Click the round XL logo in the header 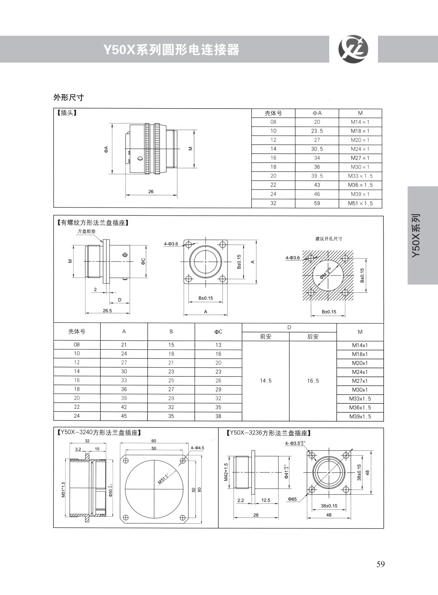pos(353,49)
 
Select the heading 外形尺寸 pos(69,98)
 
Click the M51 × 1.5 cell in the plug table pos(360,204)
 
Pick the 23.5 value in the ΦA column pos(317,131)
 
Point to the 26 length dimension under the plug pos(151,192)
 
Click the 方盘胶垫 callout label pos(87,231)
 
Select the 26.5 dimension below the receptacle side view pos(107,310)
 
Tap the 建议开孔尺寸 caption pos(328,239)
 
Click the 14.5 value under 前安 pos(266,381)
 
